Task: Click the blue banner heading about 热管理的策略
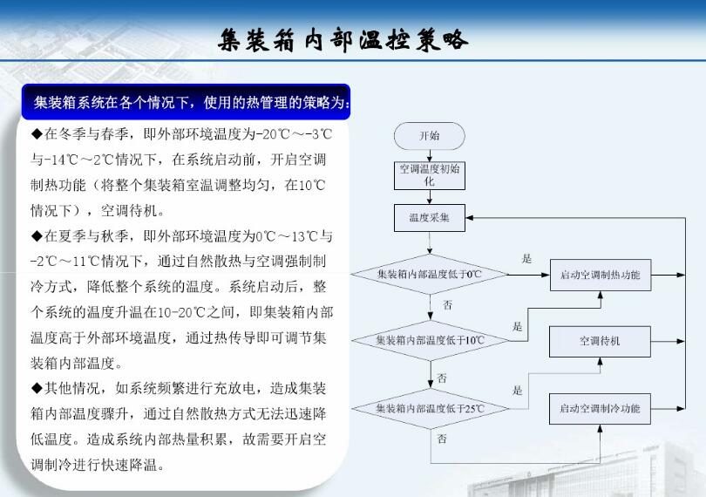pyautogui.click(x=191, y=103)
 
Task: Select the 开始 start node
pyautogui.click(x=429, y=135)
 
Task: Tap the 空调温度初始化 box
pyautogui.click(x=429, y=175)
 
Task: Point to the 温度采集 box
pyautogui.click(x=429, y=217)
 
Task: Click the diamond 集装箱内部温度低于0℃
pyautogui.click(x=429, y=274)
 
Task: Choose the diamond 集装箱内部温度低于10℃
pyautogui.click(x=429, y=339)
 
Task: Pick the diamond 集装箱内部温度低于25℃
pyautogui.click(x=429, y=407)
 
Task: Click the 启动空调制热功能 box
pyautogui.click(x=600, y=276)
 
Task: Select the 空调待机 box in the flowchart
pyautogui.click(x=600, y=341)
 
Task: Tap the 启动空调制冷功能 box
pyautogui.click(x=600, y=407)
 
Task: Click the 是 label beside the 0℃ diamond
pyautogui.click(x=526, y=259)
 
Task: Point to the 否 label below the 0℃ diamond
pyautogui.click(x=447, y=306)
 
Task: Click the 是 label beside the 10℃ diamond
pyautogui.click(x=518, y=326)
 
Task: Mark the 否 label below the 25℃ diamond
pyautogui.click(x=442, y=438)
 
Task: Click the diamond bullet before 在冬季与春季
pyautogui.click(x=37, y=134)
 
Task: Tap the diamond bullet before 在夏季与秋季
pyautogui.click(x=37, y=236)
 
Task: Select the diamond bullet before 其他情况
pyautogui.click(x=37, y=388)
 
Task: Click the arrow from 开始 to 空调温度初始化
pyautogui.click(x=429, y=154)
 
